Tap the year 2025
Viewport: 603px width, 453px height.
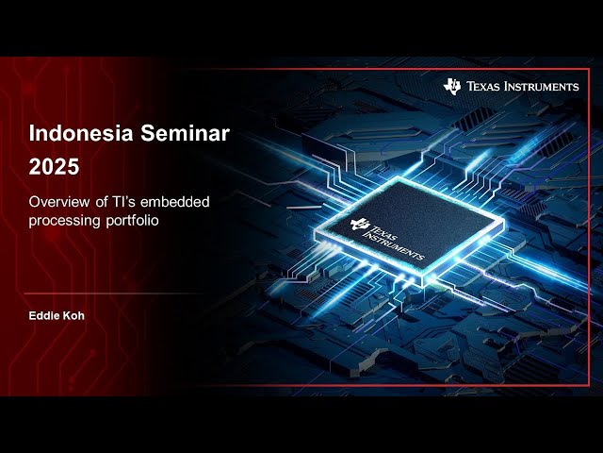pos(54,167)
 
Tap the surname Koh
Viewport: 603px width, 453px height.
pos(73,315)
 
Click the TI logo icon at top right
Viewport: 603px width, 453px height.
pos(452,86)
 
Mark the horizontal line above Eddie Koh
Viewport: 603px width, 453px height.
pos(113,293)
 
